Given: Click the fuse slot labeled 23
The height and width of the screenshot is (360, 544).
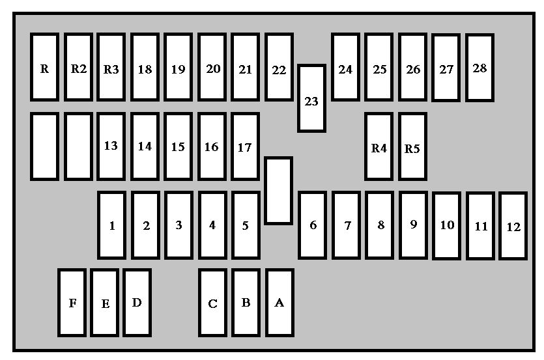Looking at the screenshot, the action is point(311,98).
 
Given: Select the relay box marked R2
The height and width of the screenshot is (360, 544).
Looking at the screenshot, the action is point(78,67).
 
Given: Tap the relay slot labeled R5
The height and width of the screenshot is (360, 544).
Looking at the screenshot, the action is point(412,146).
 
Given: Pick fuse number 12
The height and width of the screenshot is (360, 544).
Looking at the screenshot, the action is point(513,226).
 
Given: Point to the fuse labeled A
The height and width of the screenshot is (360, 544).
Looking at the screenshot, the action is point(279,303).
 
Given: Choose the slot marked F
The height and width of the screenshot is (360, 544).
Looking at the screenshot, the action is point(72,303).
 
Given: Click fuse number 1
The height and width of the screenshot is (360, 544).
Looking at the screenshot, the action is point(111,225).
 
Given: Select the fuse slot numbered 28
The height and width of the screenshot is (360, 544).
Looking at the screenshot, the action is point(480,68).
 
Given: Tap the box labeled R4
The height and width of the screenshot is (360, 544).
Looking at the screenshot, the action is point(379,146).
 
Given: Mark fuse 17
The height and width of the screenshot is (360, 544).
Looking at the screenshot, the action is point(245,146).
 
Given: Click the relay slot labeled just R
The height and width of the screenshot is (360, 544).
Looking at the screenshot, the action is point(44,67).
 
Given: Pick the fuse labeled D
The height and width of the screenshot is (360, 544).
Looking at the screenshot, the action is point(137,303).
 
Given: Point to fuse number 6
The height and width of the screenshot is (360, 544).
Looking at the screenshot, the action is point(312,225).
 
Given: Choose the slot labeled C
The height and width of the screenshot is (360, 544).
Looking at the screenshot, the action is point(212,303).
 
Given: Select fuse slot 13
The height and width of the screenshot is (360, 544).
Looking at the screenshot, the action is point(111,146).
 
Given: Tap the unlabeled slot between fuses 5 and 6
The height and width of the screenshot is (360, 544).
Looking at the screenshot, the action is point(279,191).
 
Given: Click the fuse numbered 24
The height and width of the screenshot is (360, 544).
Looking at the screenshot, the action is point(345,67).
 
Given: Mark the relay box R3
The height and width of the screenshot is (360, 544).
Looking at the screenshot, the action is point(111,67).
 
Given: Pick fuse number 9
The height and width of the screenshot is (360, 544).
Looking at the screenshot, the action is point(413,225).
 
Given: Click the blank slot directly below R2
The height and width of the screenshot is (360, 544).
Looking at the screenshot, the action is point(78,146).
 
